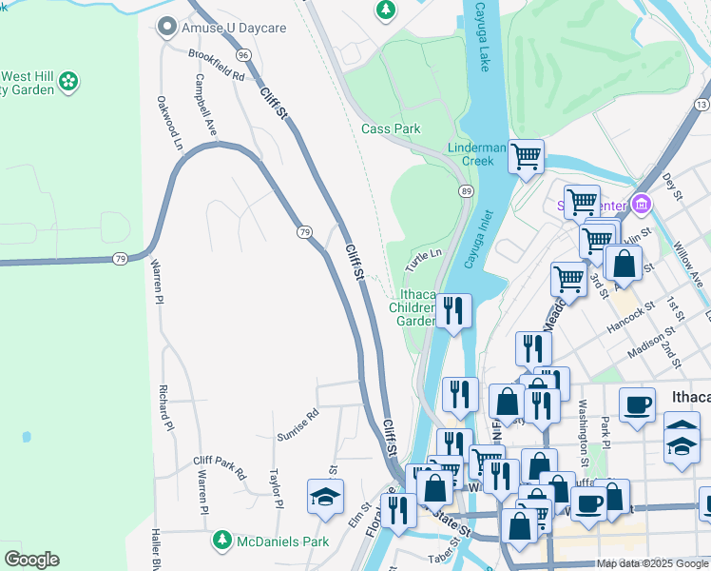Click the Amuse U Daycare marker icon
point(168,28)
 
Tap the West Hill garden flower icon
point(68,83)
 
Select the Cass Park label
point(391,128)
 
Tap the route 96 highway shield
point(244,55)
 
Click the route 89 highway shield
point(466,191)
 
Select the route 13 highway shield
point(701,103)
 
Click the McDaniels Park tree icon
point(221,541)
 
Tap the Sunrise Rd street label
point(297,423)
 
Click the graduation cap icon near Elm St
point(325,496)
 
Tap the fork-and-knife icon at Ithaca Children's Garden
point(453,310)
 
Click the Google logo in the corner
point(31,559)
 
